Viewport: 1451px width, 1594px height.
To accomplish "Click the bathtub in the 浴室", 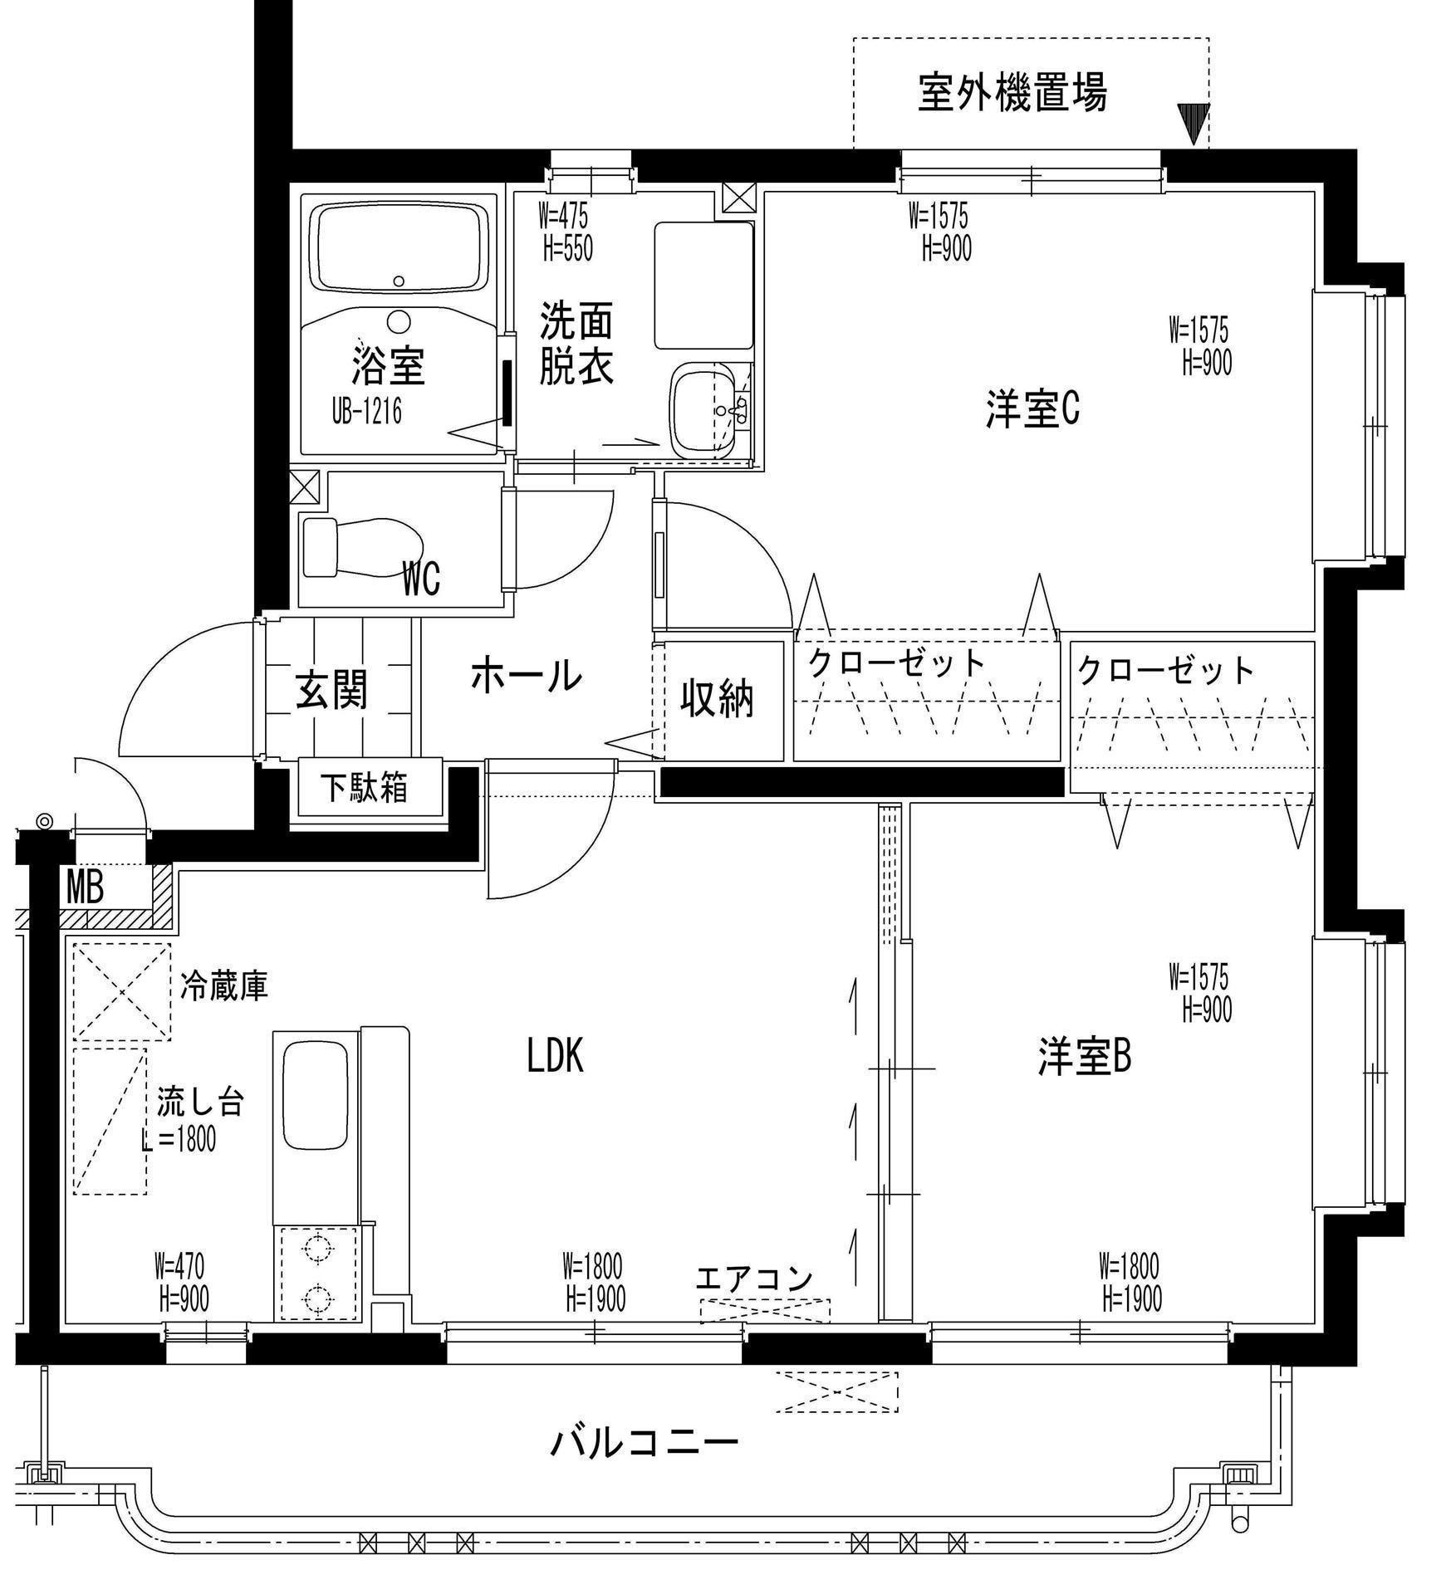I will [x=399, y=247].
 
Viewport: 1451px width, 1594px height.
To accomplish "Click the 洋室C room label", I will [x=1032, y=408].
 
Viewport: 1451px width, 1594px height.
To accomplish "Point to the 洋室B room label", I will [x=1084, y=1057].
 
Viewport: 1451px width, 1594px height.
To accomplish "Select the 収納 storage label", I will [x=718, y=698].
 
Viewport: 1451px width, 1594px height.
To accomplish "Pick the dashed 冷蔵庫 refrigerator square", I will [x=122, y=991].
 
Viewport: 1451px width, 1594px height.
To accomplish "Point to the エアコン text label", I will [x=754, y=1279].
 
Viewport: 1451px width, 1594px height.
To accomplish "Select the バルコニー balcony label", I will [x=645, y=1442].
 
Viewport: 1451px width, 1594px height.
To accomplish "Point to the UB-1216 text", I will [x=366, y=413].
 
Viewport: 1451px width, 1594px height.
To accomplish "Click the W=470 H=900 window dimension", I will [x=182, y=1282].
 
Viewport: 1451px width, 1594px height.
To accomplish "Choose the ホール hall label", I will [x=527, y=675].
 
